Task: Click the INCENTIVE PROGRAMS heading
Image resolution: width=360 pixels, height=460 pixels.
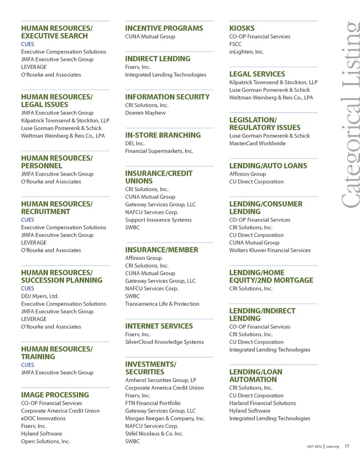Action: (164, 28)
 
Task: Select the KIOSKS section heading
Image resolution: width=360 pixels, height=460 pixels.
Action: (242, 28)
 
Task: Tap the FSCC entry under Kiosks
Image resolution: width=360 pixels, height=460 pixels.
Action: (235, 44)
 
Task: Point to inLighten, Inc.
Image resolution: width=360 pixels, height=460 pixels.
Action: (246, 52)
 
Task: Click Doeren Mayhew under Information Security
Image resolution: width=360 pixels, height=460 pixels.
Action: (145, 113)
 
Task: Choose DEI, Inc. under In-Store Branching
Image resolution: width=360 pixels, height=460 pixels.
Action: (135, 143)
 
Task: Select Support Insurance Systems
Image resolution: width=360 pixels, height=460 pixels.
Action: (158, 220)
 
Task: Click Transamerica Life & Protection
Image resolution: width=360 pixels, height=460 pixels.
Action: (162, 304)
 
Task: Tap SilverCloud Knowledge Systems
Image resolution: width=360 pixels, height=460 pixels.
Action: (164, 342)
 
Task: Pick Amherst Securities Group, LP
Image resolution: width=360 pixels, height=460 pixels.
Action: (160, 380)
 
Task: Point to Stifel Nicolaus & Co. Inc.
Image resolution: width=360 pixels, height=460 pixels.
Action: (154, 434)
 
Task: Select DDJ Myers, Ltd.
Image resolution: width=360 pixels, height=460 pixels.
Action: (40, 296)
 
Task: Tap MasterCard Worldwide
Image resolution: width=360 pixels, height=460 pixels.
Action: (257, 143)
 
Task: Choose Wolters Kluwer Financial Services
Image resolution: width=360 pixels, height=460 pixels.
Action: (270, 250)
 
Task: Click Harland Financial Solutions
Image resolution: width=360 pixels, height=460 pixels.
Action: (262, 403)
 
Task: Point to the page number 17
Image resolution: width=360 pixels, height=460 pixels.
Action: (347, 446)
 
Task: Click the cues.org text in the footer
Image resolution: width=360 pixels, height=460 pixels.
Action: (332, 447)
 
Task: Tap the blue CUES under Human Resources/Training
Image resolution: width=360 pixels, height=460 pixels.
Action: (27, 365)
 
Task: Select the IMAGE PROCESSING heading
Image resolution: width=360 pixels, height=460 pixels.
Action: (55, 395)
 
